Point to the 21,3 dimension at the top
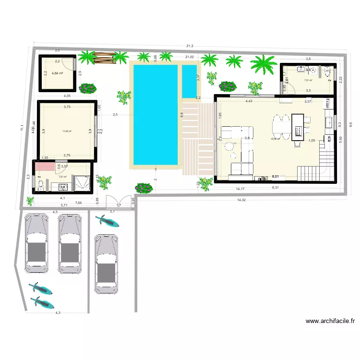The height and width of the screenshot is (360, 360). [x=190, y=46]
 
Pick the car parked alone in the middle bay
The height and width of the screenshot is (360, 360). [x=105, y=263]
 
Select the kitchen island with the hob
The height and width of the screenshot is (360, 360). [x=298, y=127]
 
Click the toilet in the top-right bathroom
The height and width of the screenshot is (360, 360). [x=328, y=73]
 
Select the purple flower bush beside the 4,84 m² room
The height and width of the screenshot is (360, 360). [x=87, y=88]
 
